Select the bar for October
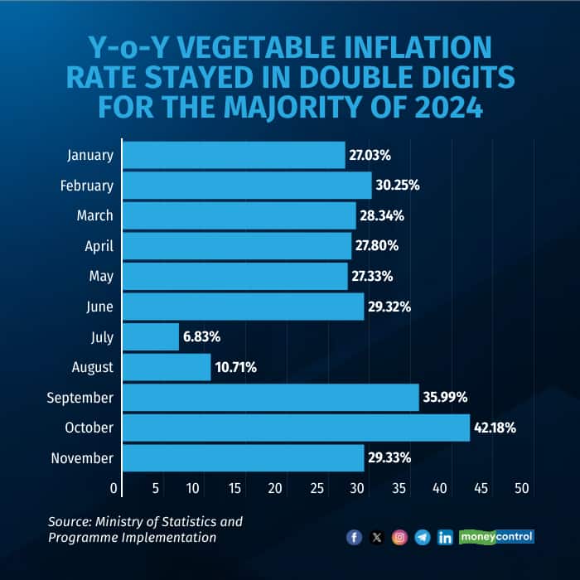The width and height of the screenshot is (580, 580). [296, 428]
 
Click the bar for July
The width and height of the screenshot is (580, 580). [151, 337]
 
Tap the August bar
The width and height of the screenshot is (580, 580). [167, 367]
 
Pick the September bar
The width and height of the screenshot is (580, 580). [270, 398]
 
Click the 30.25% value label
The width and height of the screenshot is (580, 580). [398, 186]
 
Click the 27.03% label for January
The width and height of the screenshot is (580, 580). [370, 155]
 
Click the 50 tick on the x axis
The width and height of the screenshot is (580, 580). [522, 489]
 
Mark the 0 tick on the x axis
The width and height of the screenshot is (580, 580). [114, 489]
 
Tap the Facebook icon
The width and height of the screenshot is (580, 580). [355, 538]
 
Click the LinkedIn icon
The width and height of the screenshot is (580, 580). [445, 538]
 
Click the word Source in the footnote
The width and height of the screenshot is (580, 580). [70, 521]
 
